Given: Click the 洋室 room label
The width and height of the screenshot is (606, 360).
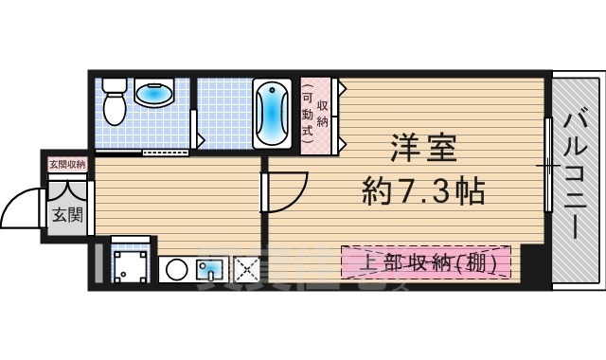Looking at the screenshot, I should pos(424,151).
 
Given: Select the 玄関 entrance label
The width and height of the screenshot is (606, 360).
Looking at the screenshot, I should pos(67,214).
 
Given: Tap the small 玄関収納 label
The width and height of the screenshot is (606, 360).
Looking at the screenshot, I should pos(67,164).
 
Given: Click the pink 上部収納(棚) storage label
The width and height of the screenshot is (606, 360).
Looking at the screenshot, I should pos(425,261).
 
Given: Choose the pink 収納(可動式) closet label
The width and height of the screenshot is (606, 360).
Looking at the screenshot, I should pos(315,115).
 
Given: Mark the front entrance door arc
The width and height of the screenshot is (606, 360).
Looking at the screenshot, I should pos(21,208).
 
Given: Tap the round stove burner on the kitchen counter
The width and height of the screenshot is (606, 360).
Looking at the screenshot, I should pos(176,269).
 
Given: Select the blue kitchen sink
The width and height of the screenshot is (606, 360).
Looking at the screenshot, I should pos(208,270).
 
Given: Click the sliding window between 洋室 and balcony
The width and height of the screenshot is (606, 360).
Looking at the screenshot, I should pos(548,166).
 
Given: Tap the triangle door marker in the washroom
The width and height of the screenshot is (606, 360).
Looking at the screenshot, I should pos(199,142).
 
